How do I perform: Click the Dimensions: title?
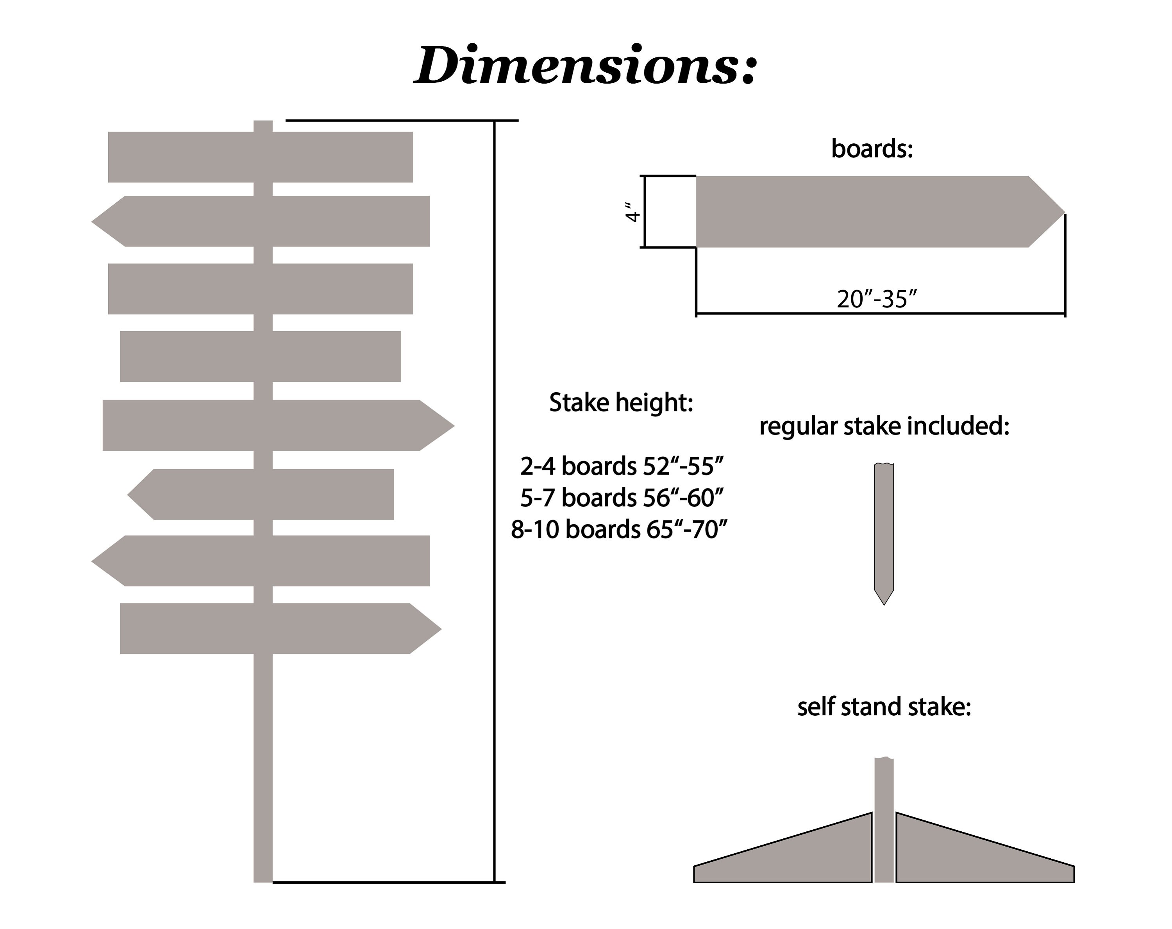pyautogui.click(x=586, y=65)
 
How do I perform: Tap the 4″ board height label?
pyautogui.click(x=632, y=212)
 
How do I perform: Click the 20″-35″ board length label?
pyautogui.click(x=876, y=299)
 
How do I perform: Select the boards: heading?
pyautogui.click(x=872, y=148)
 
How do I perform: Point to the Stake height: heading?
pyautogui.click(x=621, y=403)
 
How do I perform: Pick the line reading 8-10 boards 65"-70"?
pyautogui.click(x=619, y=529)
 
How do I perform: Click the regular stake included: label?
pyautogui.click(x=884, y=426)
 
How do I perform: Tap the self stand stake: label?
pyautogui.click(x=884, y=707)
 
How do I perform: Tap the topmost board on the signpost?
pyautogui.click(x=261, y=157)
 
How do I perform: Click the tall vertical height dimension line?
pyautogui.click(x=494, y=501)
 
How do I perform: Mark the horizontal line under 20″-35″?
pyautogui.click(x=881, y=314)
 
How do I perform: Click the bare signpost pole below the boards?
pyautogui.click(x=263, y=768)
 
